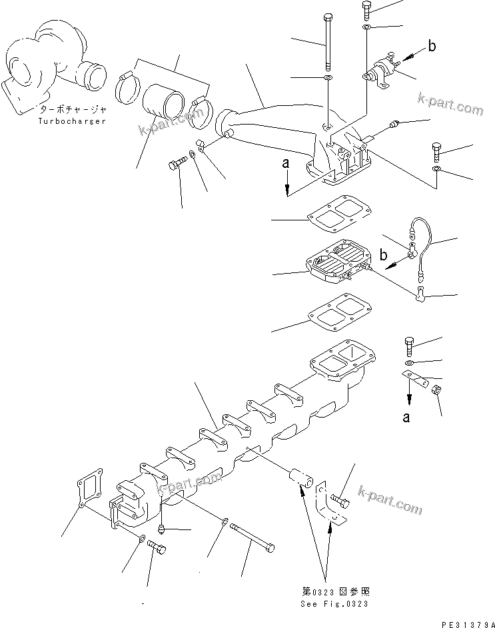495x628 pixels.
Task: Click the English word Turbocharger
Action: [72, 121]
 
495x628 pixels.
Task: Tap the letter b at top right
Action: [432, 46]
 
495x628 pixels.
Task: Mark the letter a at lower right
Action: [408, 418]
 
